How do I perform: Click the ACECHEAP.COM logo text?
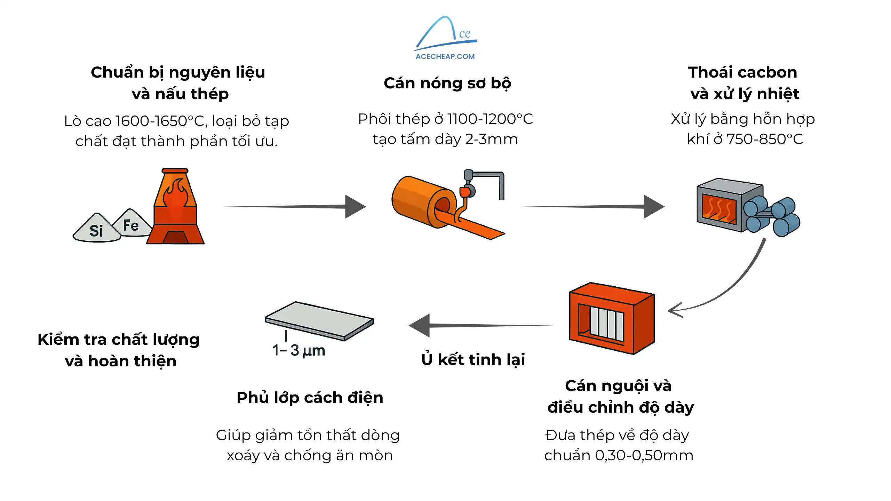(x=445, y=56)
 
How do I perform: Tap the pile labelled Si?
(x=96, y=230)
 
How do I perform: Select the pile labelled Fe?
(x=131, y=224)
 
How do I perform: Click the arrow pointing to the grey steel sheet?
(x=480, y=326)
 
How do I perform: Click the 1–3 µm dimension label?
(x=299, y=350)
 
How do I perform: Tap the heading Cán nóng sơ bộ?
(x=447, y=83)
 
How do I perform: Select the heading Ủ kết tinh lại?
(x=473, y=360)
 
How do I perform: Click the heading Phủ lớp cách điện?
(x=310, y=398)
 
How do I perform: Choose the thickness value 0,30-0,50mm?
(x=644, y=455)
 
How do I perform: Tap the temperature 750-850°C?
(x=764, y=139)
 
